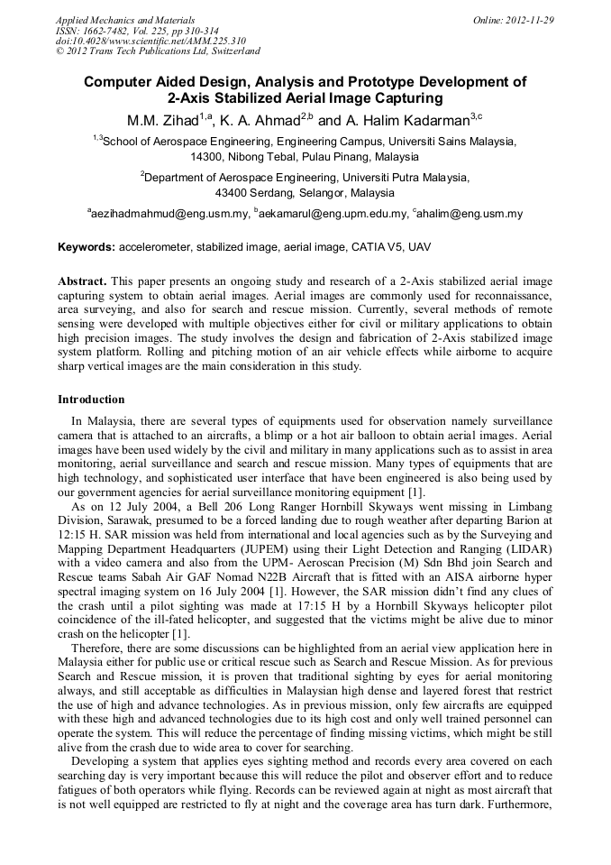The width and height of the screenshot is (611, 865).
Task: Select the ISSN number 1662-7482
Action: (116, 30)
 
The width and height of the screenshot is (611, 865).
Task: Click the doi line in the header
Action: (150, 41)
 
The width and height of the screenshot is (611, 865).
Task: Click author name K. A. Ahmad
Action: (261, 120)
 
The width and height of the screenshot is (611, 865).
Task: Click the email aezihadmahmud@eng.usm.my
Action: (169, 215)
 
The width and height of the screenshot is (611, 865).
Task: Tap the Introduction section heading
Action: (91, 399)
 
